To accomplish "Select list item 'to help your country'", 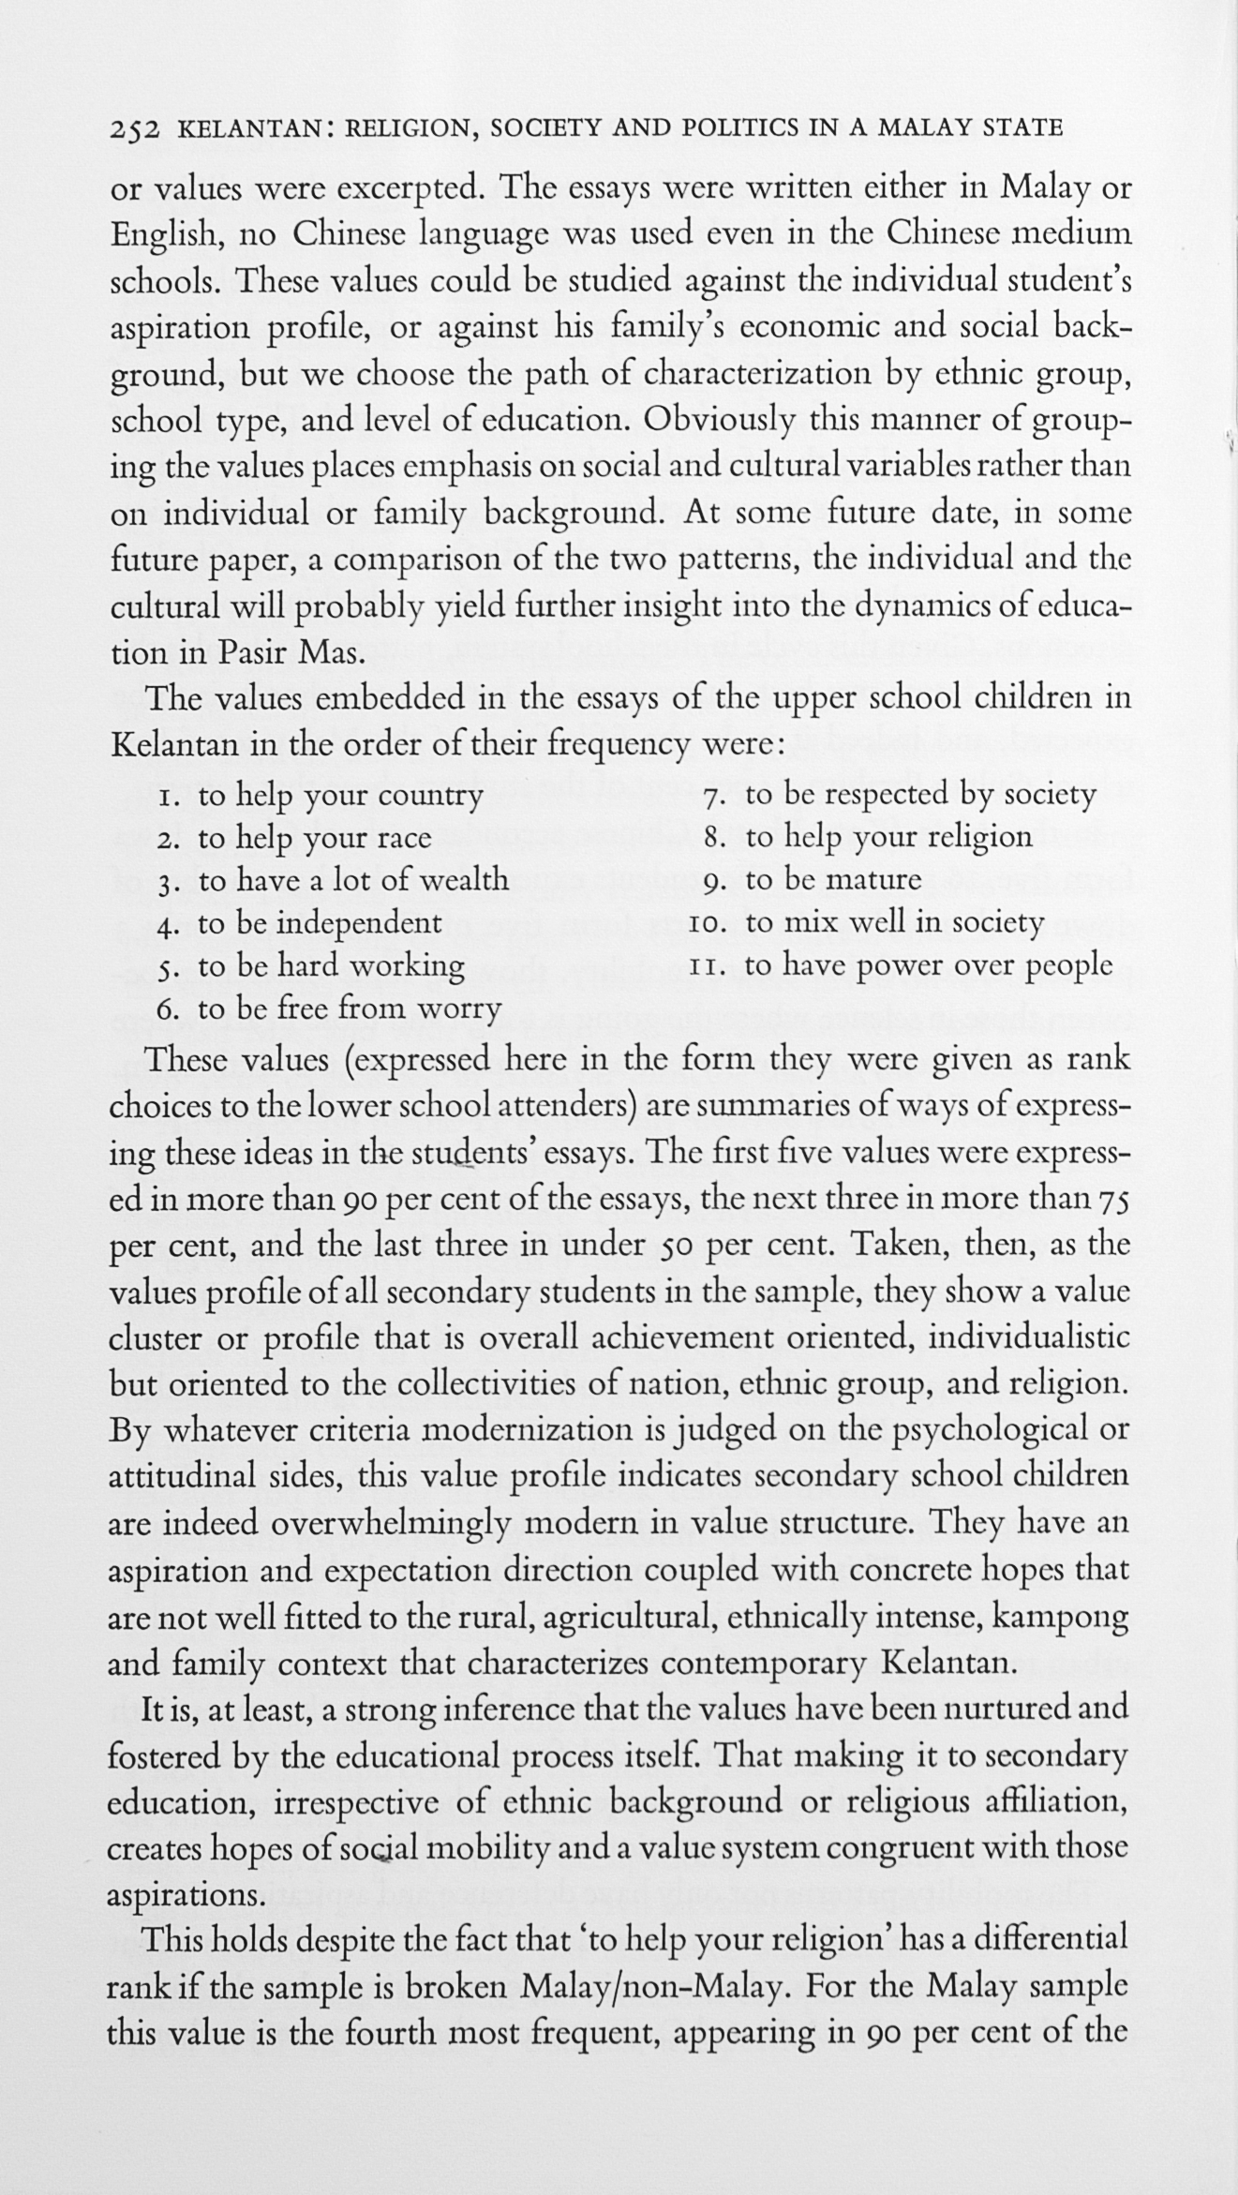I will click(340, 797).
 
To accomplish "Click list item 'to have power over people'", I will click(929, 964).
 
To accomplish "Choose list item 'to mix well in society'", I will click(894, 923).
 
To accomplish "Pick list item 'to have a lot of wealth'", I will click(353, 880).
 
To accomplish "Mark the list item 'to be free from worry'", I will click(350, 1008).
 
